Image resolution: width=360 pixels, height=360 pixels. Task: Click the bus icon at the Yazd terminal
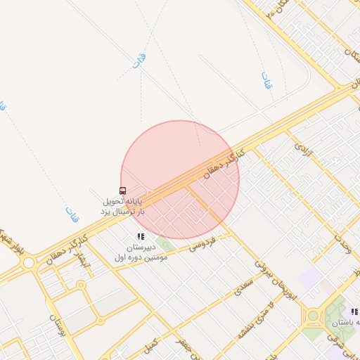(x=123, y=191)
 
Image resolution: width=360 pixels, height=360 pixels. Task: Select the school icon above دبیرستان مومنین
(x=141, y=237)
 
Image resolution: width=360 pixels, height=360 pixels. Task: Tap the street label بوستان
(x=56, y=326)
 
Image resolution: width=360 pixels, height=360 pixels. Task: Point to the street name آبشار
(x=83, y=263)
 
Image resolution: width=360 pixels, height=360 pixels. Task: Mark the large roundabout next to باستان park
(x=313, y=316)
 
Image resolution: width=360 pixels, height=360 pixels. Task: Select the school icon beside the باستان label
(x=354, y=311)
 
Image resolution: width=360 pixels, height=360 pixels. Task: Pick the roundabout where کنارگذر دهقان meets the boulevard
(x=28, y=262)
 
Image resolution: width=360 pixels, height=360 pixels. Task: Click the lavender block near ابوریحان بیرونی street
(x=309, y=278)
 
